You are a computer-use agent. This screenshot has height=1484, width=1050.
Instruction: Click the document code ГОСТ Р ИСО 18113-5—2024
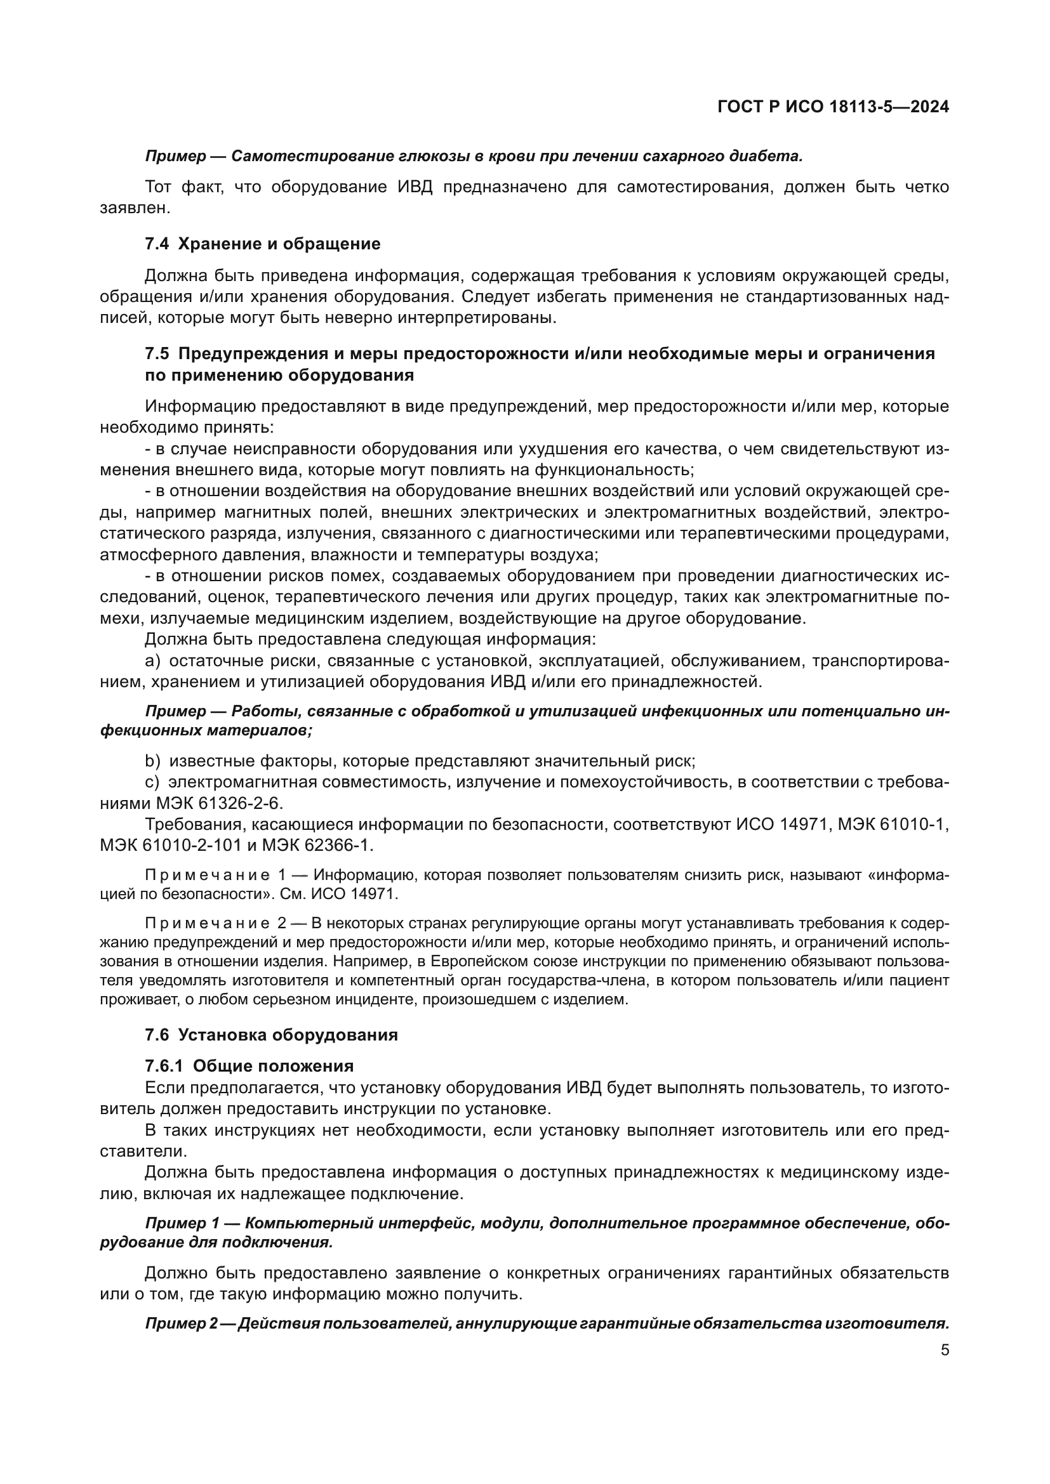pyautogui.click(x=833, y=107)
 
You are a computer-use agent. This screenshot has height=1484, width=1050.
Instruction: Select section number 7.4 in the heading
pyautogui.click(x=156, y=244)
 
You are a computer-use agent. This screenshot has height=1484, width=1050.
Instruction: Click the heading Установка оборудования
pyautogui.click(x=288, y=1035)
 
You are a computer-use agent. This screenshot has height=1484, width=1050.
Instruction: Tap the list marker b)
pyautogui.click(x=152, y=761)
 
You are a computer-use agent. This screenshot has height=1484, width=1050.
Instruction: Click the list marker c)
pyautogui.click(x=152, y=782)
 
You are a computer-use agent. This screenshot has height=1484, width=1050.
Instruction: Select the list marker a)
pyautogui.click(x=152, y=661)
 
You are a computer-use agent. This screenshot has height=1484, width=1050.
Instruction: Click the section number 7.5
pyautogui.click(x=156, y=353)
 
